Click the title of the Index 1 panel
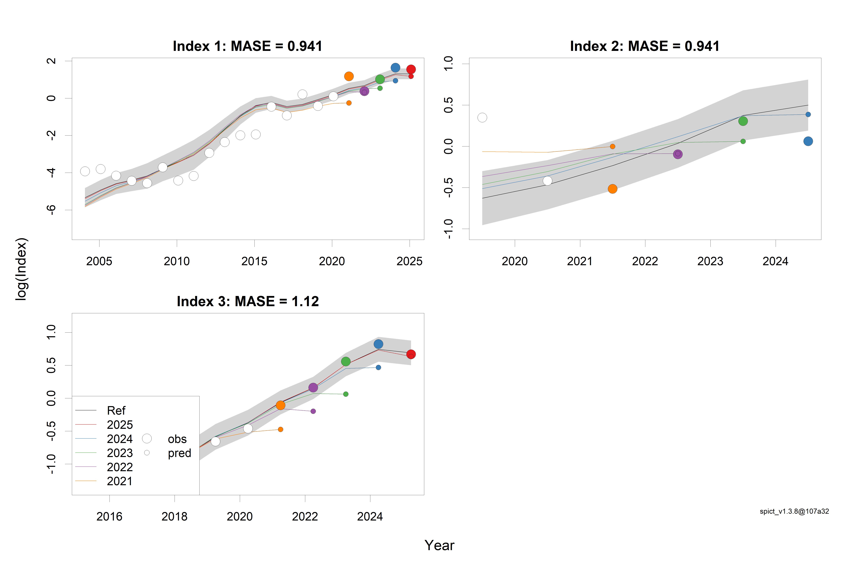pyautogui.click(x=247, y=46)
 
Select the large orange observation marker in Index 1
pyautogui.click(x=349, y=76)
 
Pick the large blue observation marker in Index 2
pyautogui.click(x=808, y=141)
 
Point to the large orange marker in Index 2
pyautogui.click(x=612, y=189)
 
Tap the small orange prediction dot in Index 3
pyautogui.click(x=280, y=430)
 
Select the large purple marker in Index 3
pyautogui.click(x=313, y=388)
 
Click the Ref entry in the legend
pyautogui.click(x=116, y=411)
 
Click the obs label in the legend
pyautogui.click(x=177, y=439)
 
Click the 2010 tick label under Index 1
pyautogui.click(x=177, y=261)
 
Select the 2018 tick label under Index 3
pyautogui.click(x=174, y=516)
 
